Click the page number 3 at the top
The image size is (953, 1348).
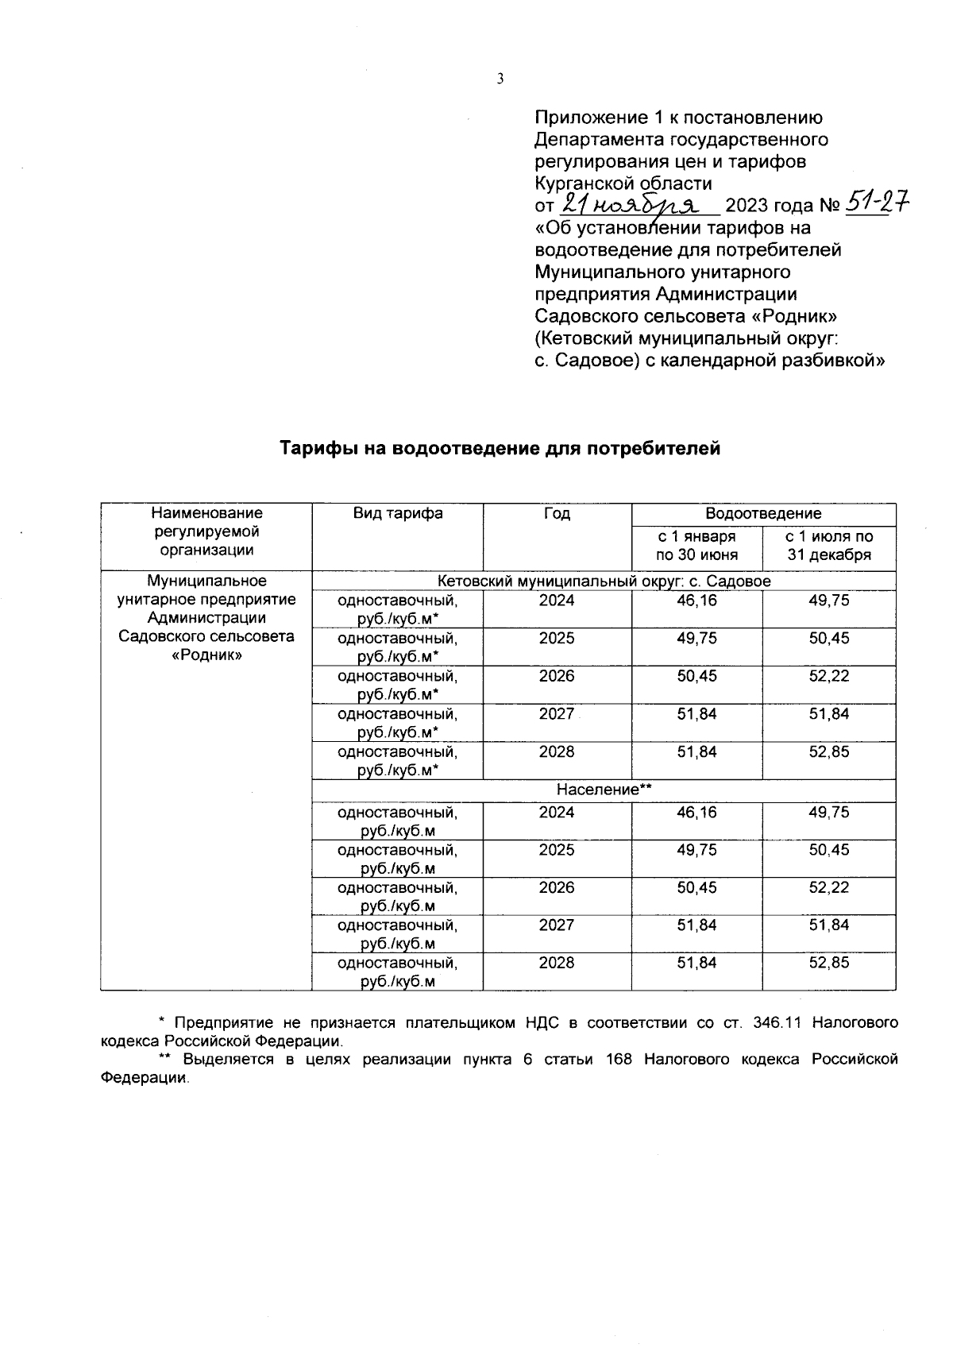click(x=500, y=79)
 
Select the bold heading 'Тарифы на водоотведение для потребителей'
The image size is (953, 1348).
click(x=500, y=449)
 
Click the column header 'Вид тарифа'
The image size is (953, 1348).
click(x=398, y=513)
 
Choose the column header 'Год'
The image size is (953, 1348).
click(x=557, y=513)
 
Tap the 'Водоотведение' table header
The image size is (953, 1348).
click(x=763, y=513)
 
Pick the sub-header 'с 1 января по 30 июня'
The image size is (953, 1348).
click(x=696, y=546)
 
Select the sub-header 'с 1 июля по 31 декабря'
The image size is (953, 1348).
click(x=829, y=546)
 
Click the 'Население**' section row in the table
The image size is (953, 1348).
click(x=604, y=790)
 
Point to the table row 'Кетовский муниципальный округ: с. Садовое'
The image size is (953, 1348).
click(x=604, y=581)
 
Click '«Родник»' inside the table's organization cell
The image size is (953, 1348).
click(x=206, y=655)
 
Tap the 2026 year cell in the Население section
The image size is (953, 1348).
click(x=557, y=887)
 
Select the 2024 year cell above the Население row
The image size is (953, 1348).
click(x=557, y=601)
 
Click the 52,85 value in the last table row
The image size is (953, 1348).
click(x=829, y=963)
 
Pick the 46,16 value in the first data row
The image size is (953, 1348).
click(x=696, y=601)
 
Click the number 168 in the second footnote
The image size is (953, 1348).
click(x=619, y=1059)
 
